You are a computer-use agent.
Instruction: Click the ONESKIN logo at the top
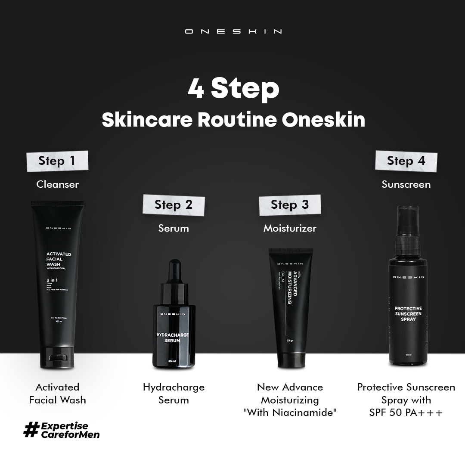233,31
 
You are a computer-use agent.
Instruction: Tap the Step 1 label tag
57,161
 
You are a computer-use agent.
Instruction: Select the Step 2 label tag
174,205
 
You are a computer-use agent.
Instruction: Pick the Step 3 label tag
290,205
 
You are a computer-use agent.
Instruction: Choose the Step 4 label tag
406,161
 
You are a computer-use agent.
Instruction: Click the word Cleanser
58,184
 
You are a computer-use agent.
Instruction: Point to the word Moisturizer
290,228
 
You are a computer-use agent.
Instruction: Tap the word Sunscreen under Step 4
406,184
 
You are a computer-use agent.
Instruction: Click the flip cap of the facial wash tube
57,357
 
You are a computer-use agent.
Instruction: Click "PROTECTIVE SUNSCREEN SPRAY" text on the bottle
408,314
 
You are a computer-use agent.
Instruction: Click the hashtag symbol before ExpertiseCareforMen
31,429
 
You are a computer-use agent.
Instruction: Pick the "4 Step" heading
233,88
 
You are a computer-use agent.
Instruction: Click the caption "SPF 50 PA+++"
406,412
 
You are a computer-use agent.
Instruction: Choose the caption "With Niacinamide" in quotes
290,412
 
